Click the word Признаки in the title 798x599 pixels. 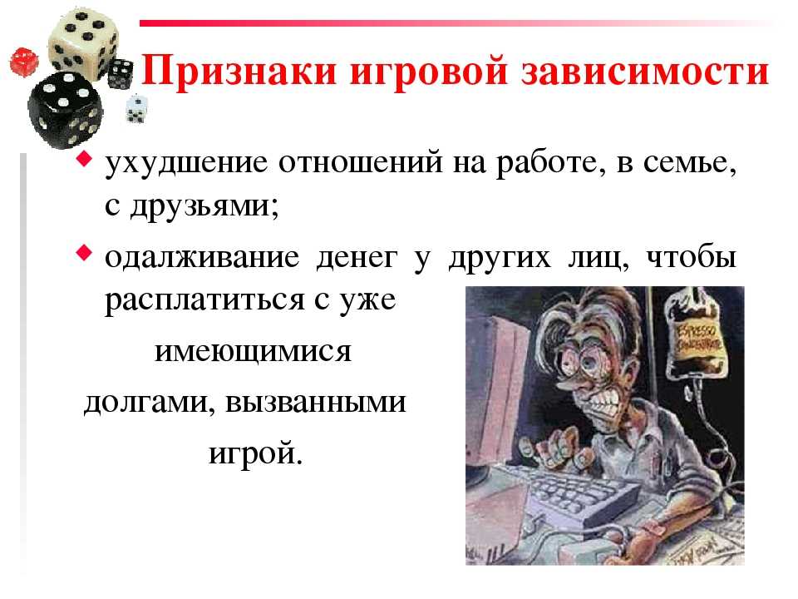point(239,71)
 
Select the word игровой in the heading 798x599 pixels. point(428,72)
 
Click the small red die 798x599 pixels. point(24,62)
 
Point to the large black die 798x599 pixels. point(65,110)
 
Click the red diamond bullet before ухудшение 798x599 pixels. point(84,160)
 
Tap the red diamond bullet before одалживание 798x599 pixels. point(84,252)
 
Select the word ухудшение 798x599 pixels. point(185,163)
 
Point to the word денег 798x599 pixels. point(357,258)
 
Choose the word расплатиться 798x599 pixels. point(204,301)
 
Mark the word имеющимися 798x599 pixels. point(253,352)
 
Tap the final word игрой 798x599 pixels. point(255,453)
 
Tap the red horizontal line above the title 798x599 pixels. point(456,23)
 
